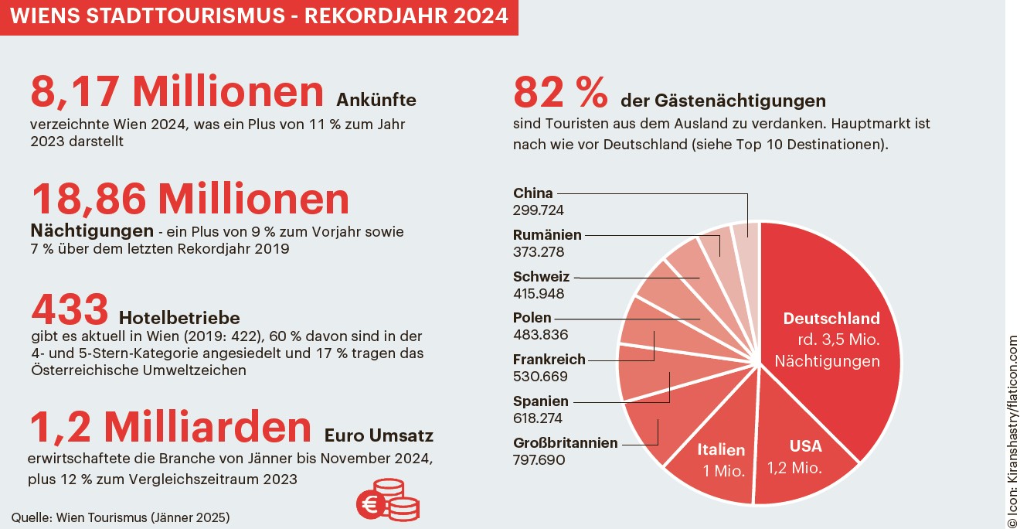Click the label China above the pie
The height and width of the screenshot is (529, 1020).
click(x=532, y=193)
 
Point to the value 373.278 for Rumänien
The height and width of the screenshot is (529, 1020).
click(x=539, y=252)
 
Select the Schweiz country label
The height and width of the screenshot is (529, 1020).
click(x=541, y=277)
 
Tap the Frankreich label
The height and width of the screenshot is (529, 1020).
click(x=549, y=360)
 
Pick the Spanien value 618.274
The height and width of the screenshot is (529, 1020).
click(x=539, y=418)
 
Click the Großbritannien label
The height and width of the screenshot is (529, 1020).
click(x=565, y=443)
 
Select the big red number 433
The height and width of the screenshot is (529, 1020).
click(x=70, y=310)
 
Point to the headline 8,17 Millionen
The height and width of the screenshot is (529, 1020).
click(x=177, y=91)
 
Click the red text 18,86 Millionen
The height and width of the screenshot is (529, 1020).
click(x=190, y=199)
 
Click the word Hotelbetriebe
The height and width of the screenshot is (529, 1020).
click(x=179, y=318)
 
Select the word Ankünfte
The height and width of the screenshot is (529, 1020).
click(x=376, y=100)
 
